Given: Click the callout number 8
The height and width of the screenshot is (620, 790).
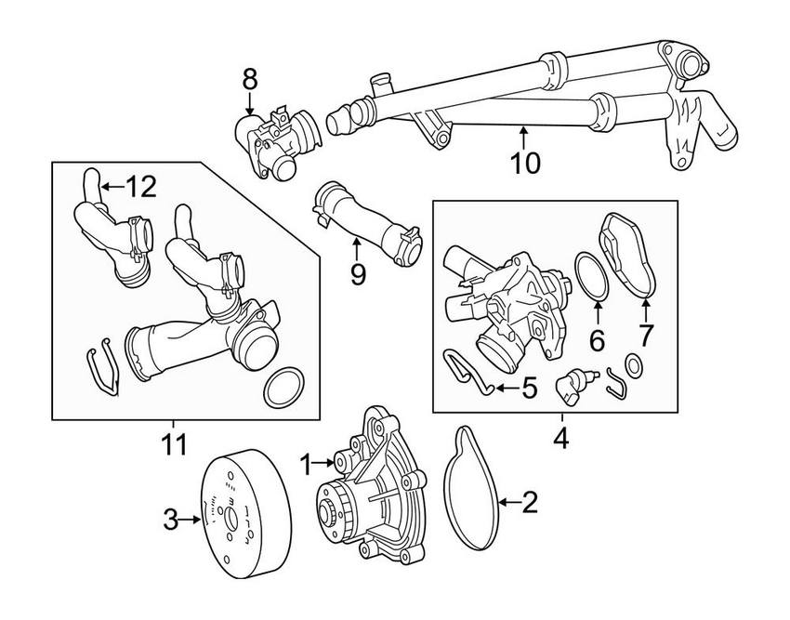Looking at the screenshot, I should [x=249, y=81].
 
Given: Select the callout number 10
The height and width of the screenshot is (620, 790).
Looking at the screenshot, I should [x=524, y=163].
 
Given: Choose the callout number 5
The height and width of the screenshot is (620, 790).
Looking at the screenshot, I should [x=529, y=387].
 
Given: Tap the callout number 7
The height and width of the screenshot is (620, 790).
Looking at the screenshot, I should [x=645, y=334].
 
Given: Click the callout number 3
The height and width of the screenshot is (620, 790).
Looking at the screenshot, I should [x=170, y=521].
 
